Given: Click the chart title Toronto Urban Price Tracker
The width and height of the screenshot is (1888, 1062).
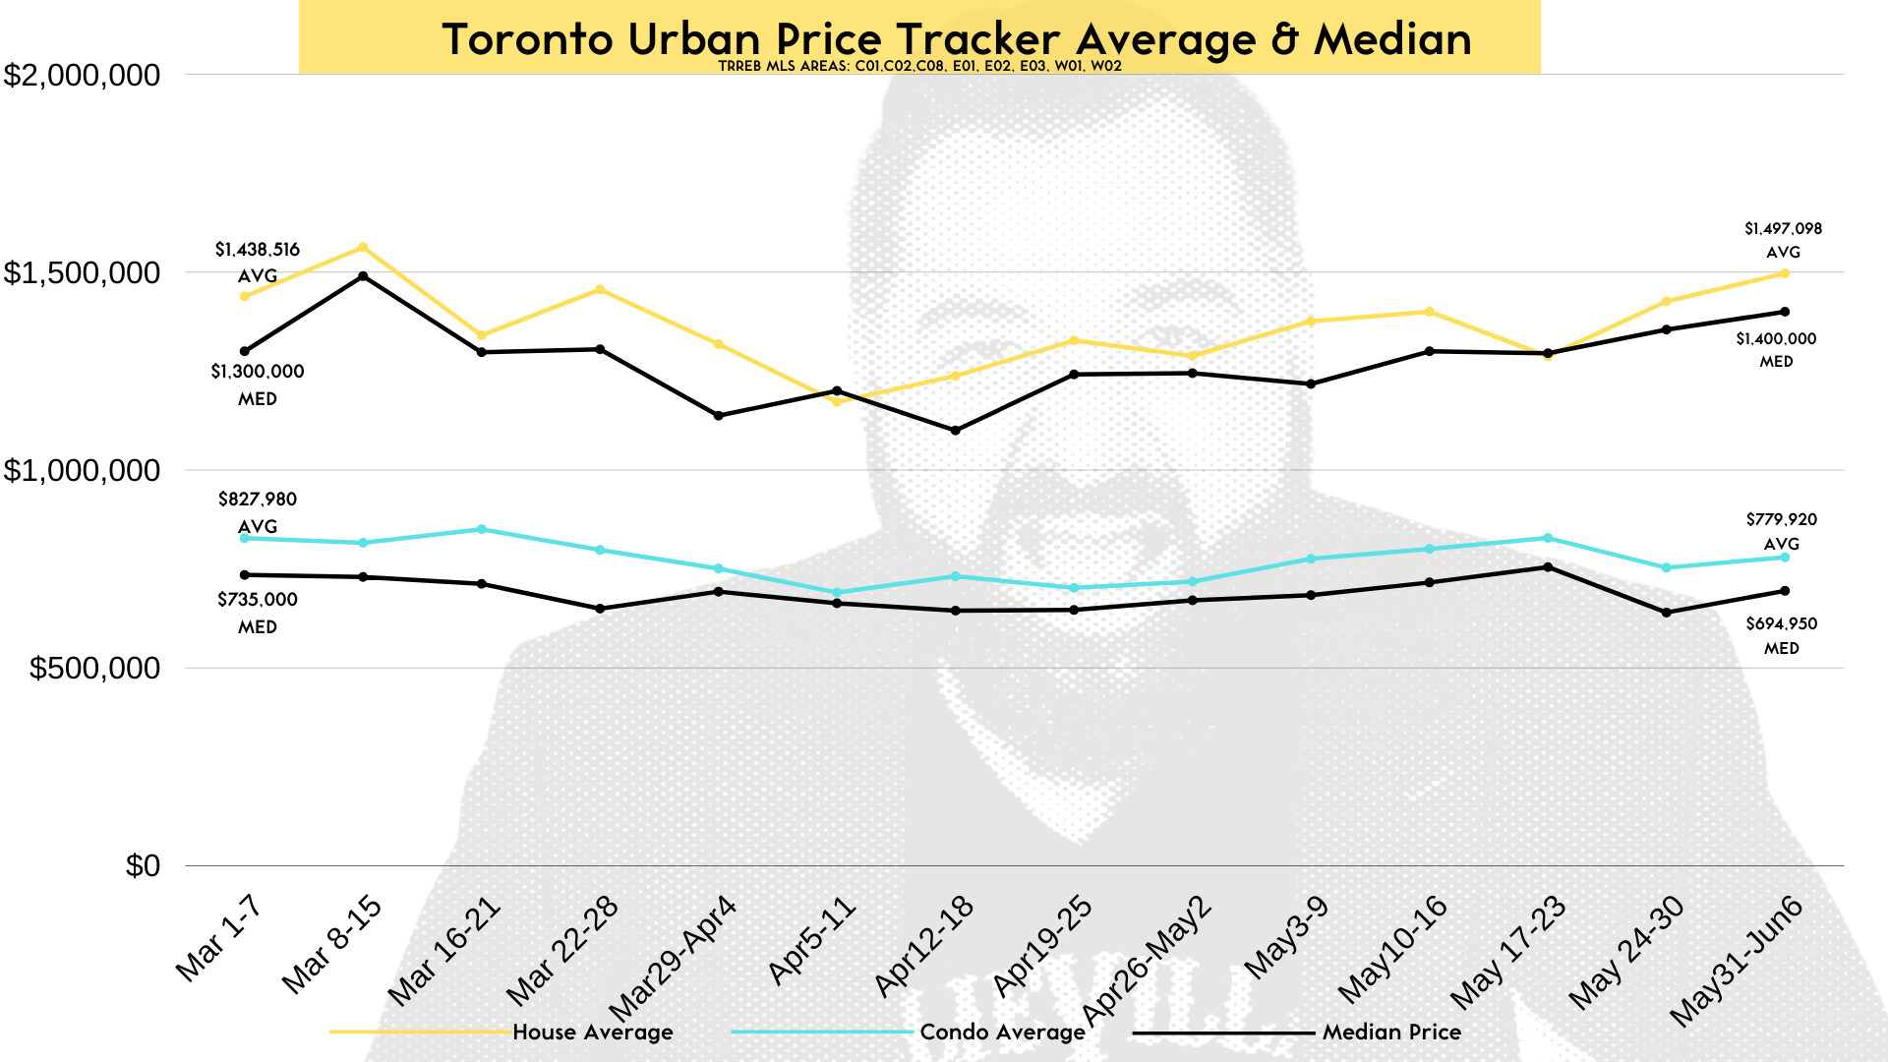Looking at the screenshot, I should tap(956, 39).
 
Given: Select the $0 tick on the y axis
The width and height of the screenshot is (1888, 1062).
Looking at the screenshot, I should tap(143, 866).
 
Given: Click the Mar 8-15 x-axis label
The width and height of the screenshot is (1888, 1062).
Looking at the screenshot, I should tap(332, 944).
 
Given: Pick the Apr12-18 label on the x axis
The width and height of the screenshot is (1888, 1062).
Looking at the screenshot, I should tap(924, 946).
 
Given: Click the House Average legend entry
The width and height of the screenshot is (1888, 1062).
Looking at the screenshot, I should tap(592, 1032).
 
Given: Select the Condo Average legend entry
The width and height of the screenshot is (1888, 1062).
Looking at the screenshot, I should tap(1002, 1032).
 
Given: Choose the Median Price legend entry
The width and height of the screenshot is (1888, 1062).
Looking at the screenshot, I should tap(1391, 1032).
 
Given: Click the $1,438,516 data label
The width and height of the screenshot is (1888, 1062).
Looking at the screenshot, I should tap(258, 250).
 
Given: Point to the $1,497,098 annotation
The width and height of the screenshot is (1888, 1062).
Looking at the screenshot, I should tap(1783, 229).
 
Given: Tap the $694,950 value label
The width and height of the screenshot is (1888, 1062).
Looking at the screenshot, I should tap(1782, 624).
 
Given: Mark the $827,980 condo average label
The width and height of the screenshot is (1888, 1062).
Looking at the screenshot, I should tap(258, 500).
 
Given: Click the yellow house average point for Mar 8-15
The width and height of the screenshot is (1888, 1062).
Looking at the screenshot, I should tap(363, 248).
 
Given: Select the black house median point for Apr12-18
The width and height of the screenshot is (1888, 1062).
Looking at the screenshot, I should tap(956, 431).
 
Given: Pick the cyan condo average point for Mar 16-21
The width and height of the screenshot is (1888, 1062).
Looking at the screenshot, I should tap(482, 529).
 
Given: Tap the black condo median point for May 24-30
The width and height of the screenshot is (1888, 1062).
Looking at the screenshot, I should tap(1667, 613).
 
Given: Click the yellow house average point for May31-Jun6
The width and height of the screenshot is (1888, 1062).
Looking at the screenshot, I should tap(1785, 273).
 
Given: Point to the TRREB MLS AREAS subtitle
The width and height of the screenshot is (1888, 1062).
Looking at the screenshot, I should tap(919, 67).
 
